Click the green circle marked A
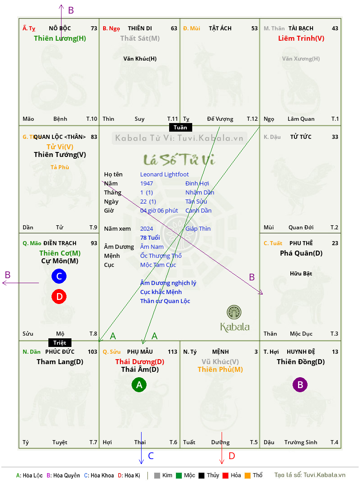pyautogui.click(x=139, y=384)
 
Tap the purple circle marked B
pyautogui.click(x=300, y=384)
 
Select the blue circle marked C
pyautogui.click(x=59, y=276)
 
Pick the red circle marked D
pyautogui.click(x=59, y=296)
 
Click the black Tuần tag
pyautogui.click(x=180, y=127)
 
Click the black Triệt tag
pyautogui.click(x=60, y=342)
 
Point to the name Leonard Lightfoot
pyautogui.click(x=164, y=175)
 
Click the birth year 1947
pyautogui.click(x=147, y=183)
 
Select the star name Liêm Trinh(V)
pyautogui.click(x=301, y=38)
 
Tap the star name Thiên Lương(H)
pyautogui.click(x=60, y=38)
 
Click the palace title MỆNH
pyautogui.click(x=220, y=351)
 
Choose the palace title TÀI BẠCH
pyautogui.click(x=301, y=28)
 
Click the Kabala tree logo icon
pyautogui.click(x=234, y=312)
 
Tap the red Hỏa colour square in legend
pyautogui.click(x=225, y=475)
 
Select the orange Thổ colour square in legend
pyautogui.click(x=248, y=475)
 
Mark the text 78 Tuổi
pyautogui.click(x=150, y=237)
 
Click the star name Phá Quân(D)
pyautogui.click(x=301, y=253)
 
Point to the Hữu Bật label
pyautogui.click(x=301, y=274)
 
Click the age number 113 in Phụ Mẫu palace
pyautogui.click(x=173, y=351)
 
